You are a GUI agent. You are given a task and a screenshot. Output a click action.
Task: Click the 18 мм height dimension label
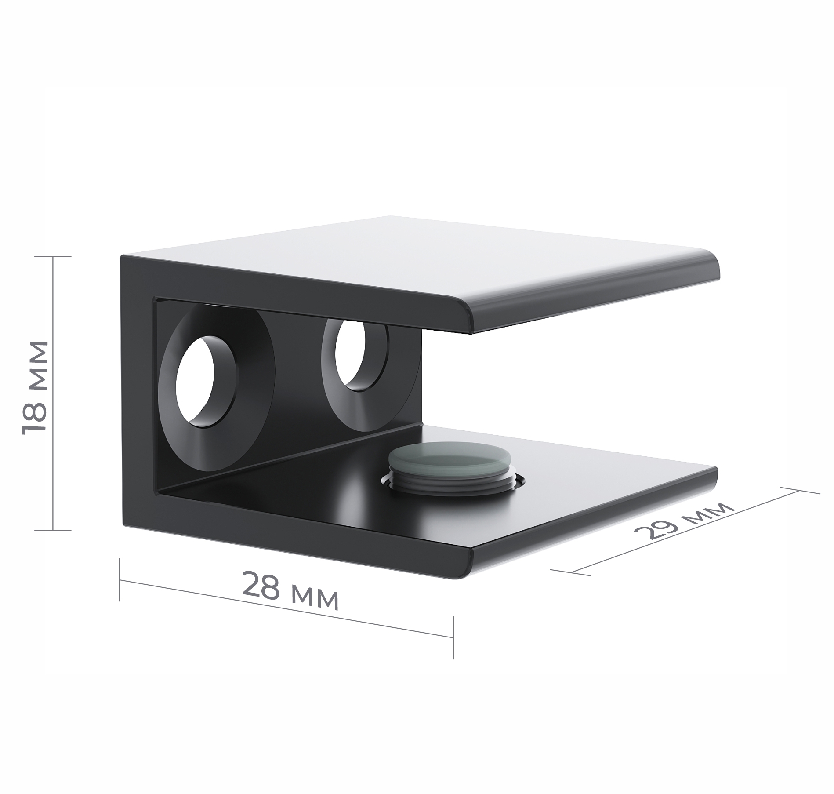pos(34,387)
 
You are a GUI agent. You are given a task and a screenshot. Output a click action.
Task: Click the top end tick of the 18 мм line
pos(53,257)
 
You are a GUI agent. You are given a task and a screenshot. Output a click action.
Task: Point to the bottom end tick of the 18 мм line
pos(53,530)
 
